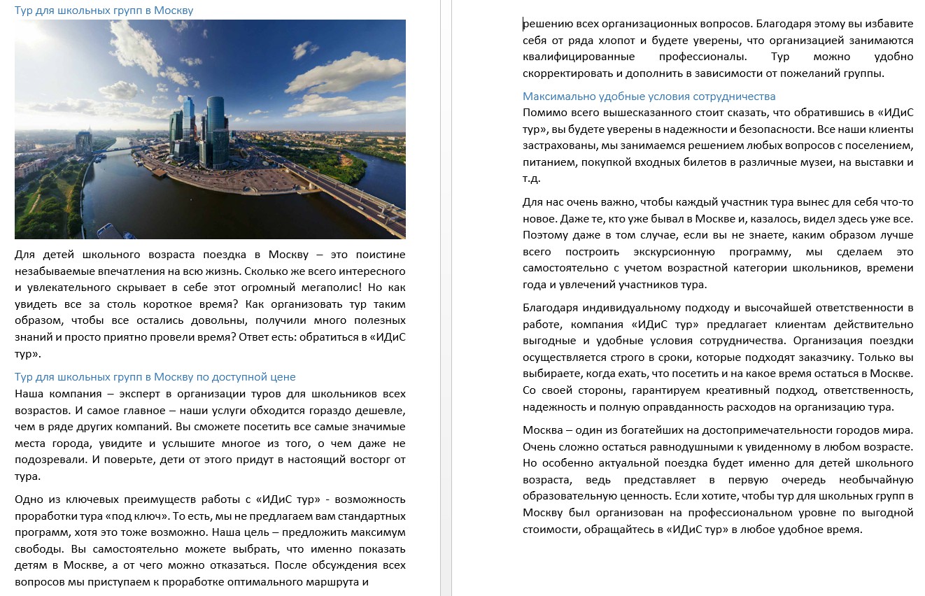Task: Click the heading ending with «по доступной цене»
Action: pyautogui.click(x=155, y=377)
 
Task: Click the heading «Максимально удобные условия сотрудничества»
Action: pyautogui.click(x=649, y=97)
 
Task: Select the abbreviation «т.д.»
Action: pyautogui.click(x=532, y=178)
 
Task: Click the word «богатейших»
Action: pyautogui.click(x=637, y=430)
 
